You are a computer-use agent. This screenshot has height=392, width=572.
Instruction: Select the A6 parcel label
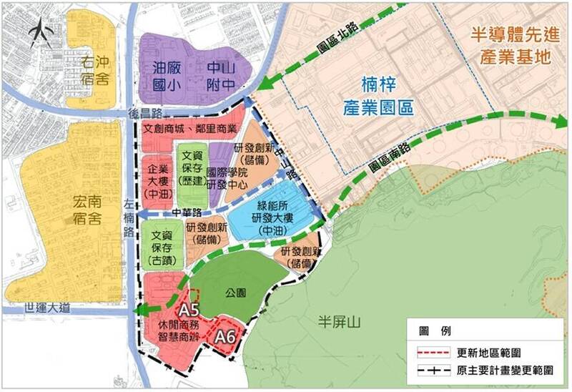click(x=226, y=335)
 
